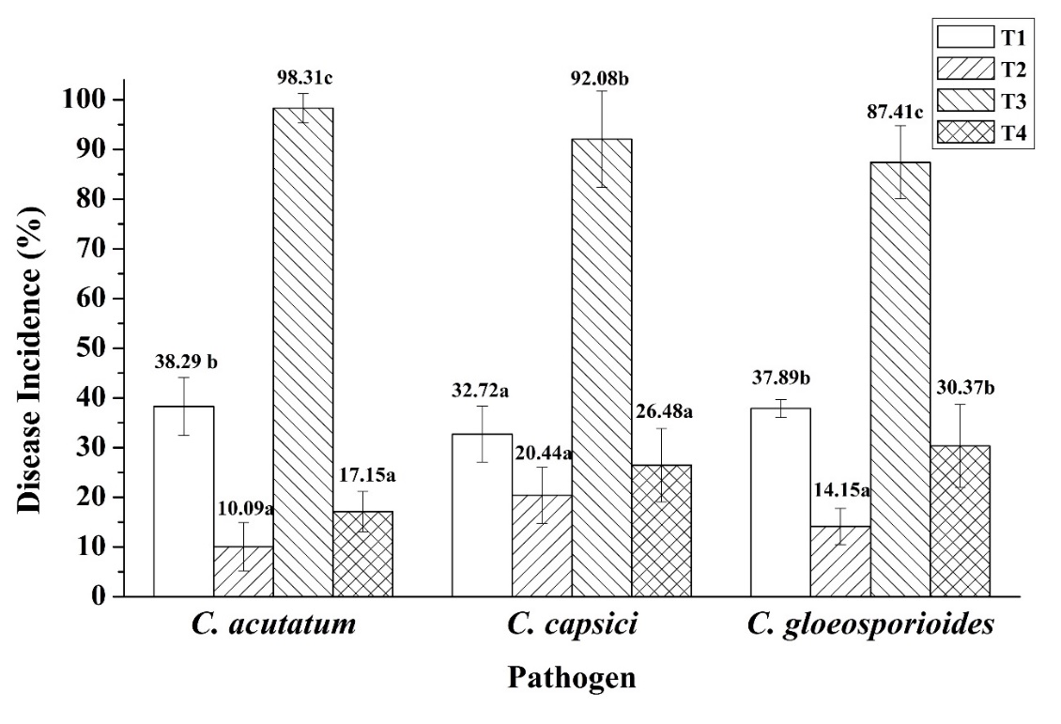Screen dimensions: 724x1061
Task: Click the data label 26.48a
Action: [x=660, y=413]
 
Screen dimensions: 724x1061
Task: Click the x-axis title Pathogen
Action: [x=571, y=677]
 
